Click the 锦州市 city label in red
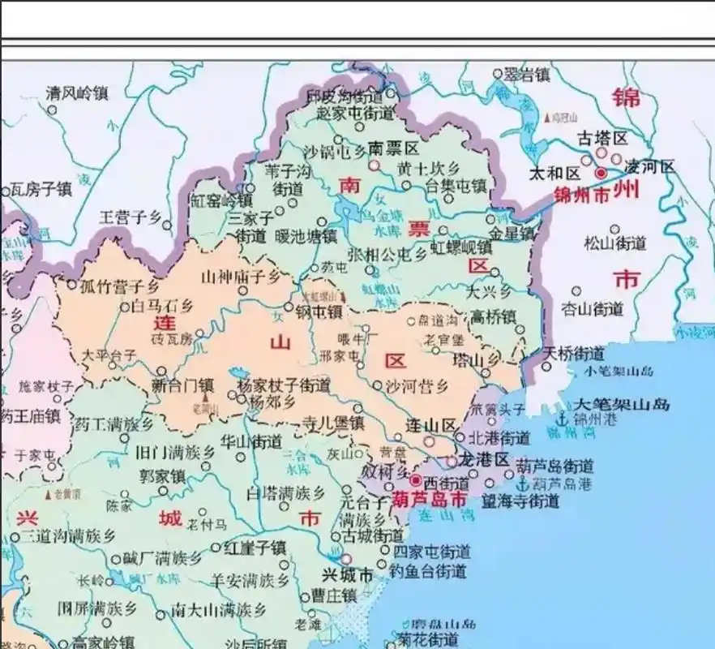point(583,195)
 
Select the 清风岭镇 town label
point(77,92)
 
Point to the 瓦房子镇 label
point(41,190)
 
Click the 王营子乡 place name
point(131,217)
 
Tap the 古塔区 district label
point(602,138)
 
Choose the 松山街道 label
point(615,243)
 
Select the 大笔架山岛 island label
point(622,403)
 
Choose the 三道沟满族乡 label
point(68,535)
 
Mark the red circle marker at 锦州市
point(601,173)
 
